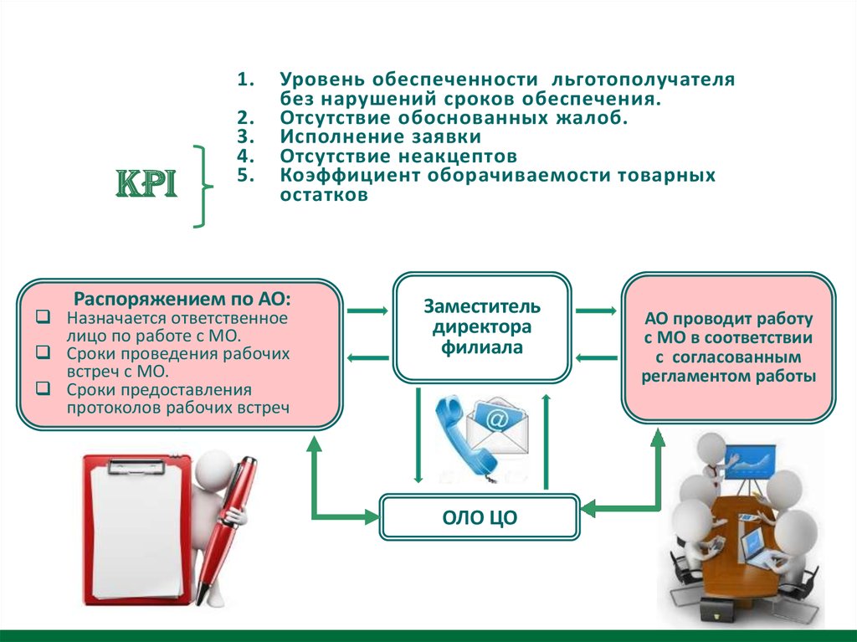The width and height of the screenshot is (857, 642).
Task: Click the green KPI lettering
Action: click(146, 183)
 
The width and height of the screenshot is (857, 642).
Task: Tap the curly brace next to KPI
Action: click(203, 187)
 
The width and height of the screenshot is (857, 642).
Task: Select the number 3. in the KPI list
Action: click(246, 136)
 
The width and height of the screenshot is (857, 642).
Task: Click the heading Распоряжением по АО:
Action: click(182, 299)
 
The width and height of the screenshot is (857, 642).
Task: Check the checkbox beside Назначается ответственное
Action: click(44, 316)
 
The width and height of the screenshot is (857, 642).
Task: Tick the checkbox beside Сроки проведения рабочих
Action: click(44, 352)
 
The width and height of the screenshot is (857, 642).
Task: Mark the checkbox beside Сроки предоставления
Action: click(44, 388)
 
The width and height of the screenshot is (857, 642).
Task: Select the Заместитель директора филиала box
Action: click(482, 327)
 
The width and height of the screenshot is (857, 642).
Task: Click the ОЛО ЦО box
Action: click(480, 517)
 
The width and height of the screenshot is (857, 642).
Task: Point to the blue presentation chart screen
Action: click(750, 462)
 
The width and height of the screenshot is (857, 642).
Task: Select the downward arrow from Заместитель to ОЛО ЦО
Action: click(418, 434)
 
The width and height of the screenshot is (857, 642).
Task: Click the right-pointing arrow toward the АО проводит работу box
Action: click(596, 311)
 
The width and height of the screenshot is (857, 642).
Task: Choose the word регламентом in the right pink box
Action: click(690, 377)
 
